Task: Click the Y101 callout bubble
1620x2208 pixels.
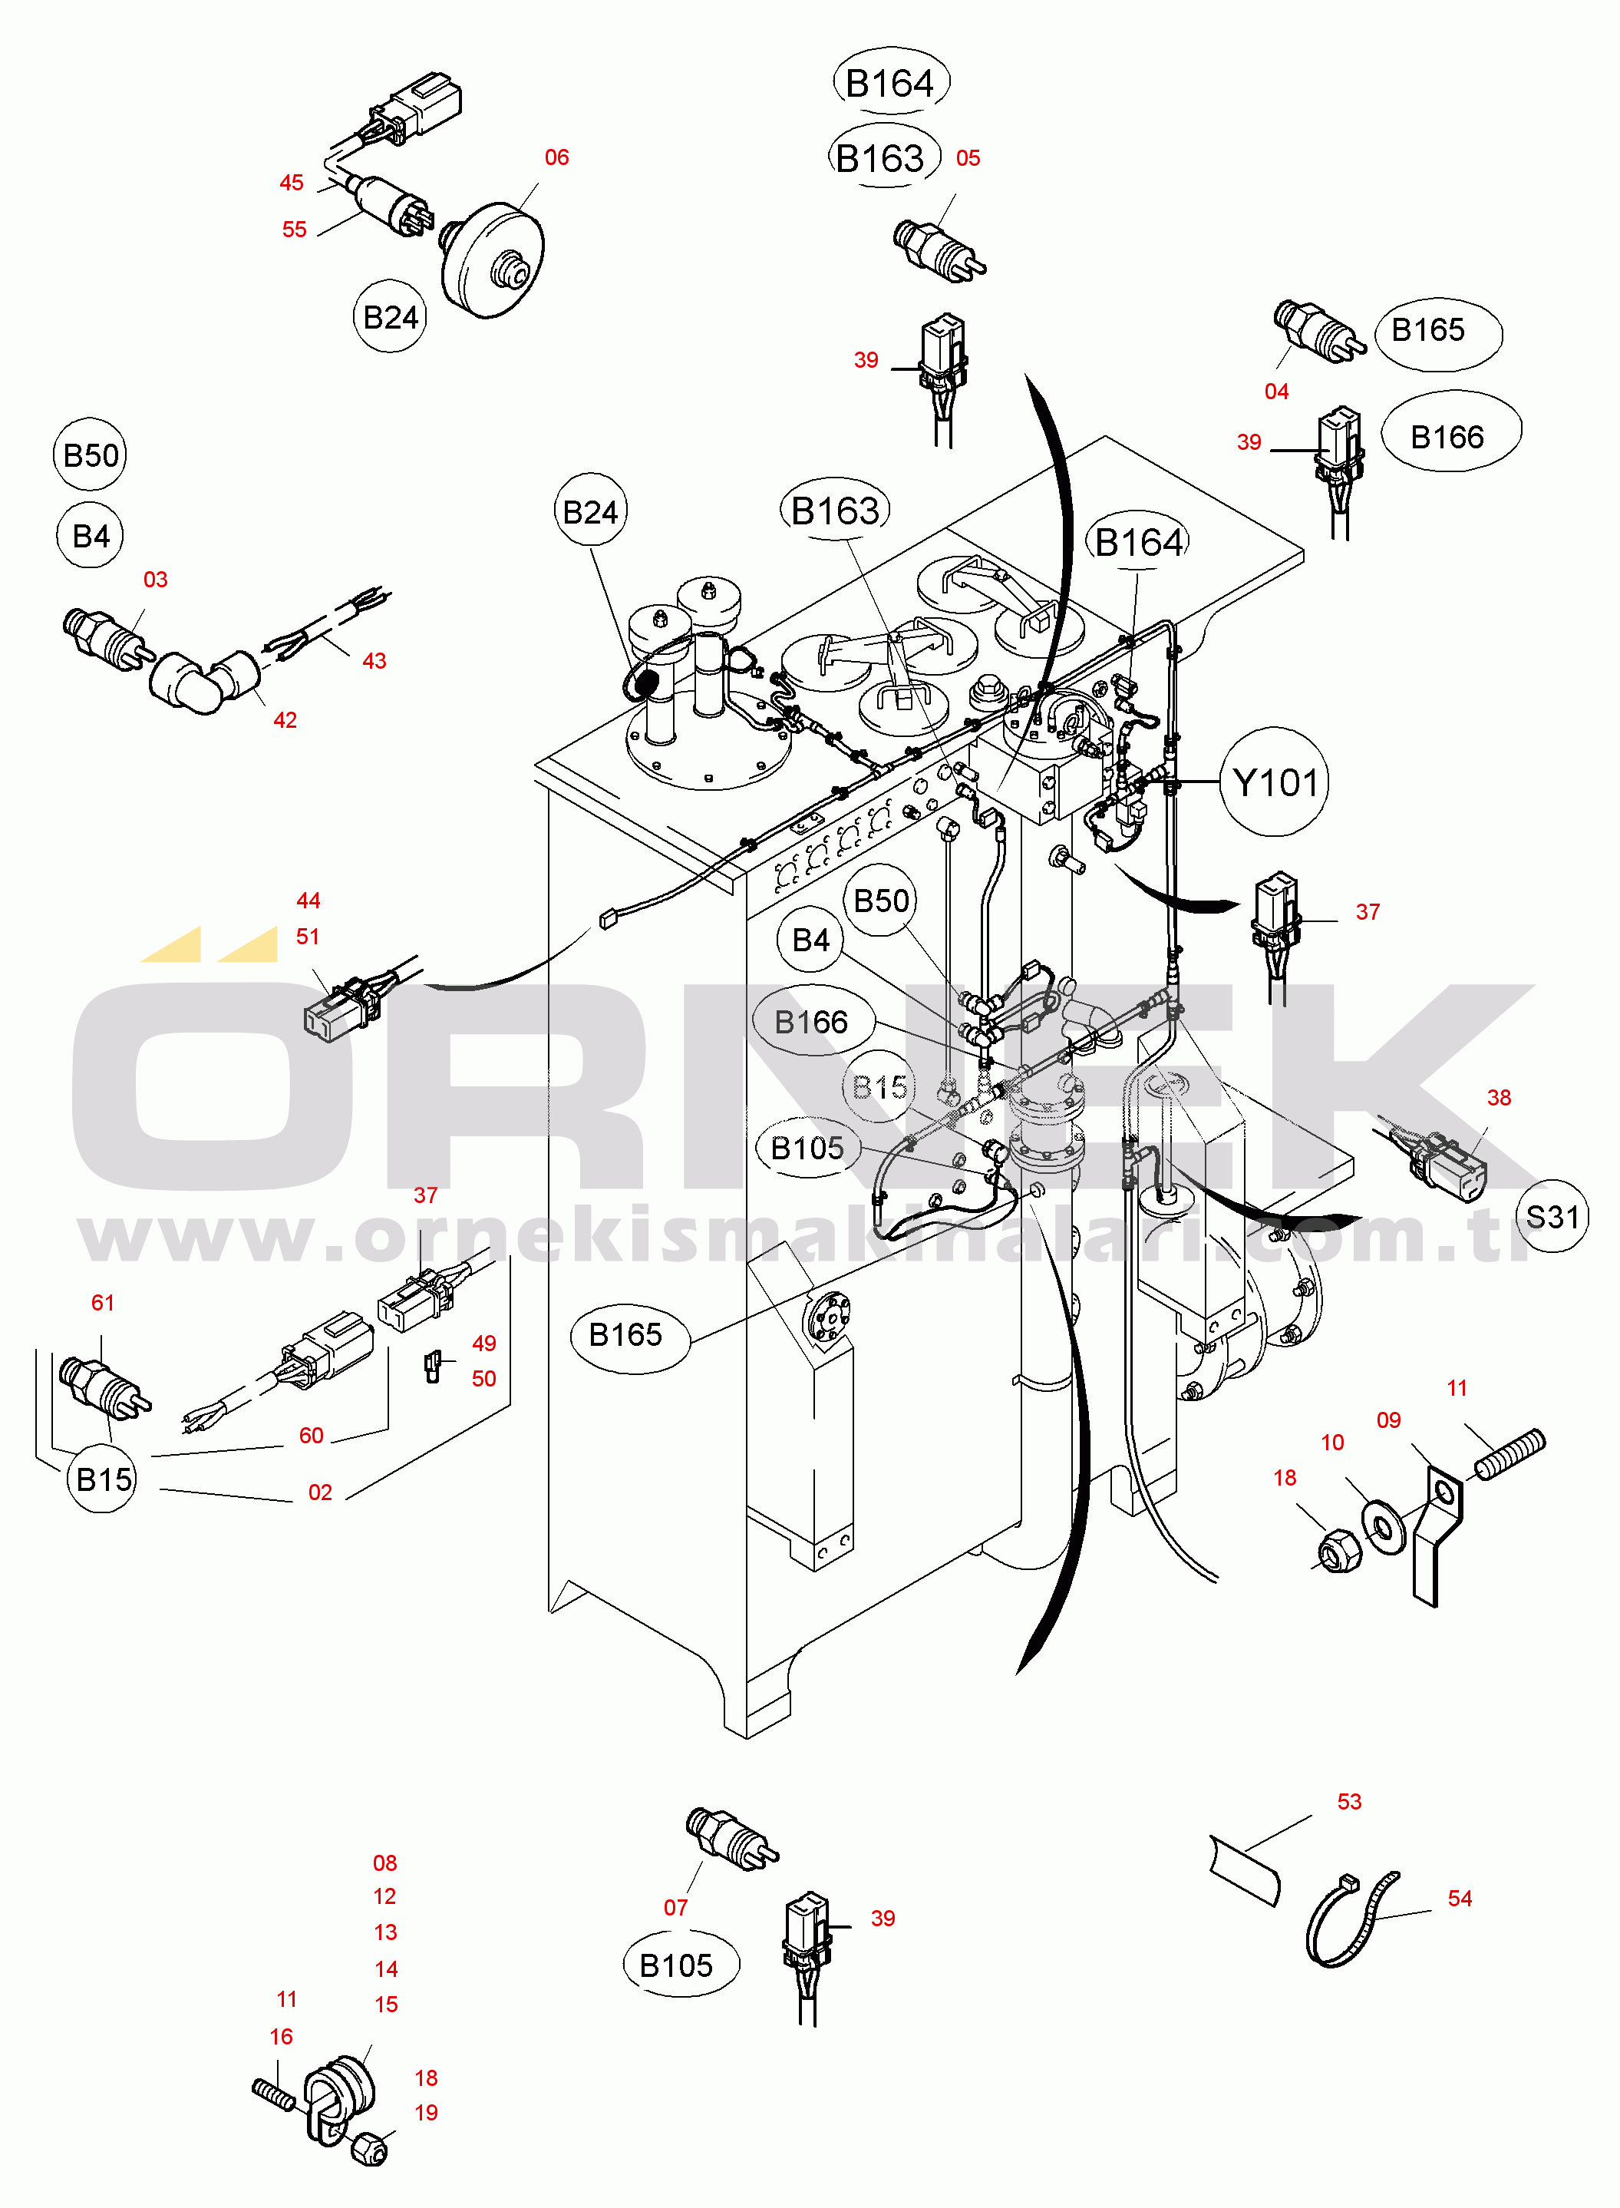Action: point(1274,782)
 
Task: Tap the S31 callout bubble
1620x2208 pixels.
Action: point(1552,1216)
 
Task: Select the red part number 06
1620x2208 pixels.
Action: point(557,157)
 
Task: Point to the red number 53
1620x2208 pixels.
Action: point(1349,1801)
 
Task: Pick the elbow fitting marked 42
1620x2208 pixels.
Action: point(203,679)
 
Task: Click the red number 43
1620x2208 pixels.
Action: point(374,660)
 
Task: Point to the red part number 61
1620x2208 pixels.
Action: point(103,1303)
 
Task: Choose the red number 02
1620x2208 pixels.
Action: point(321,1492)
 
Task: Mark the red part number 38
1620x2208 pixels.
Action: point(1500,1098)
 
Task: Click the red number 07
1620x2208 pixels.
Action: point(675,1907)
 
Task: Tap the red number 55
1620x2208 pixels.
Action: point(294,229)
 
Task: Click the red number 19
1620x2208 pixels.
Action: point(427,2112)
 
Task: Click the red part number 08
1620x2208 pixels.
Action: point(385,1863)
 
